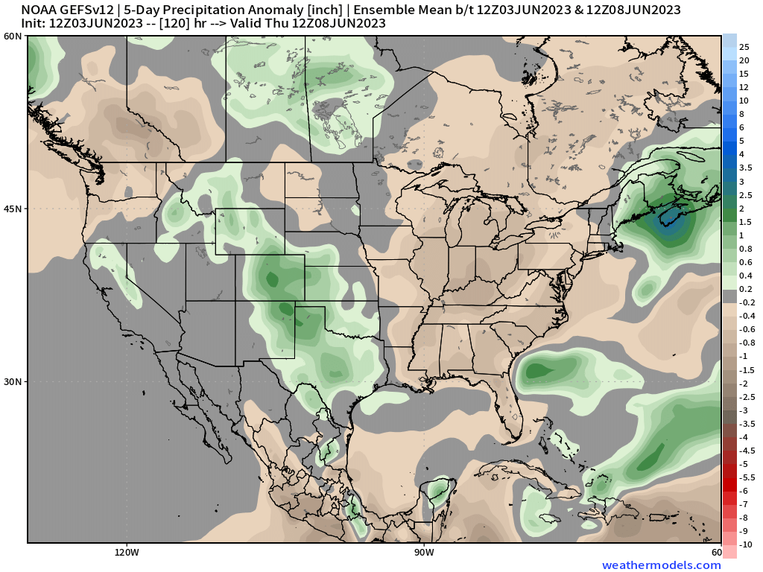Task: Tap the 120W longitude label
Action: (127, 553)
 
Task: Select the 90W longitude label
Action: (424, 553)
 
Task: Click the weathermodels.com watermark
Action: (662, 565)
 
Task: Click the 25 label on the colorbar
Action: (744, 47)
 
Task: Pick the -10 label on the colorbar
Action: (745, 544)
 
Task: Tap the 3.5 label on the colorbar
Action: (745, 168)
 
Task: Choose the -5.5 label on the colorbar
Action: (747, 477)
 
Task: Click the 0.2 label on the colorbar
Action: (745, 289)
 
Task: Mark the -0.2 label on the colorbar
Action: (747, 302)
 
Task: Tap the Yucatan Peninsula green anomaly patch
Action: (438, 492)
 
